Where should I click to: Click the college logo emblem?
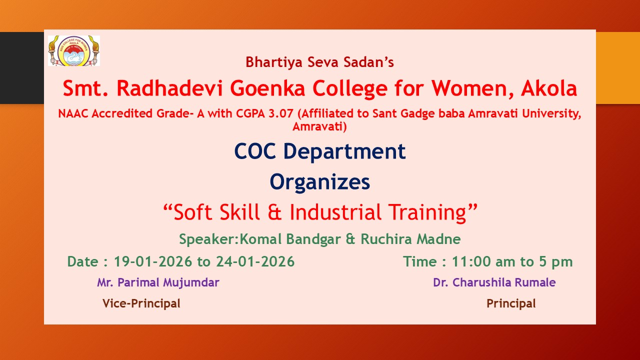(x=74, y=51)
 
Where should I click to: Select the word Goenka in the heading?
(x=267, y=88)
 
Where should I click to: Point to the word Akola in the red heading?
(x=549, y=88)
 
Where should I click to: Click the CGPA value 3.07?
(x=281, y=113)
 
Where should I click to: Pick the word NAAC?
(x=73, y=113)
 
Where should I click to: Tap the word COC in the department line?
(x=255, y=151)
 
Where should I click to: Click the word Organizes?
(x=319, y=182)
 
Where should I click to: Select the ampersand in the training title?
(x=274, y=212)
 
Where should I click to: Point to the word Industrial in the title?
(x=335, y=212)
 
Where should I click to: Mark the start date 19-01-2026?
(x=153, y=261)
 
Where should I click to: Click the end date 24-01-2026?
(x=255, y=261)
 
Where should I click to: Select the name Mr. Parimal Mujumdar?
(x=158, y=282)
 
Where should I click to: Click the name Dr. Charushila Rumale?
(x=494, y=282)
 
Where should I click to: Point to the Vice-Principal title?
(x=141, y=303)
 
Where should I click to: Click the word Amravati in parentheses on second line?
(x=319, y=126)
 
